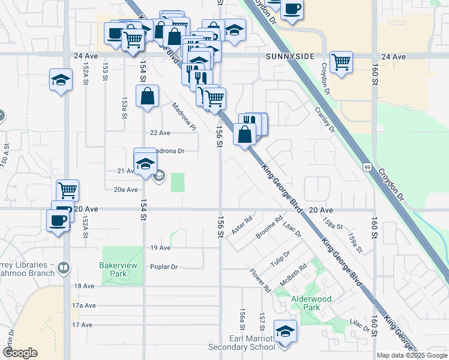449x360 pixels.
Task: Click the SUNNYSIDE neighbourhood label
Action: (x=290, y=56)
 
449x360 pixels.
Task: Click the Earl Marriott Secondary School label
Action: (x=241, y=343)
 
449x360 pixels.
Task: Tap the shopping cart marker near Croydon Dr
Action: (x=341, y=62)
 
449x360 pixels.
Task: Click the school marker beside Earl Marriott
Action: (x=285, y=331)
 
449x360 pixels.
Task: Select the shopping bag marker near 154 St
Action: (x=147, y=97)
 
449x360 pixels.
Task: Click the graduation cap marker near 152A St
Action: (x=61, y=80)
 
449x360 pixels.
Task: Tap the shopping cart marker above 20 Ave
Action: (x=67, y=191)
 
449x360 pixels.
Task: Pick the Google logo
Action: (x=19, y=353)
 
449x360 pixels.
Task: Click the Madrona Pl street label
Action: (x=184, y=117)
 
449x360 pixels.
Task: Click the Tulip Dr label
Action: (x=280, y=262)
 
